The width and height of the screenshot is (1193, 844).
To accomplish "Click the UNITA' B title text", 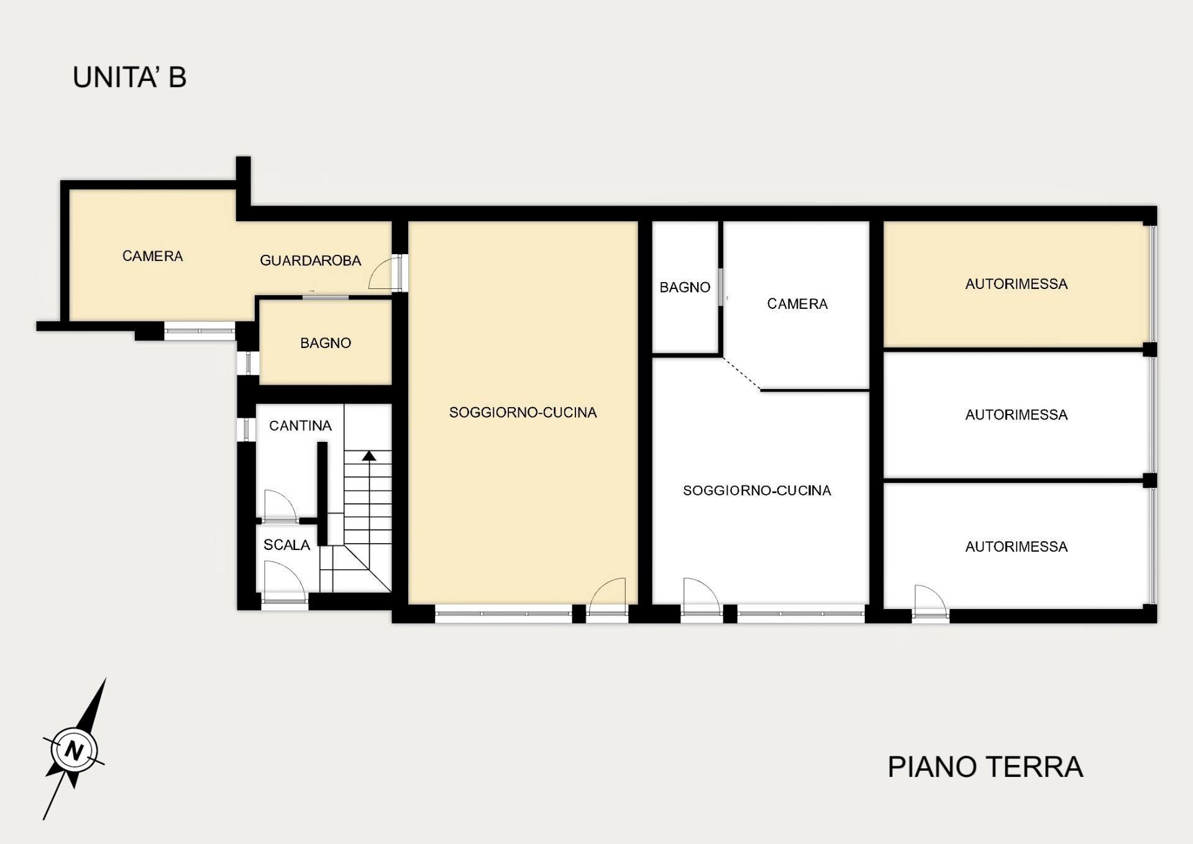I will click(x=129, y=78).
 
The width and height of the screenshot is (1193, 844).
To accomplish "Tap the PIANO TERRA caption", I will click(x=985, y=767).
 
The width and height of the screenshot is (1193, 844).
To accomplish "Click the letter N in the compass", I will click(x=74, y=750).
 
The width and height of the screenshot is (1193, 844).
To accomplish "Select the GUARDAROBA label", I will click(x=310, y=260).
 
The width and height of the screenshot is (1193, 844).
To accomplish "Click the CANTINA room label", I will click(x=300, y=426).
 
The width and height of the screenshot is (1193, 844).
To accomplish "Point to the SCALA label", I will click(x=286, y=545).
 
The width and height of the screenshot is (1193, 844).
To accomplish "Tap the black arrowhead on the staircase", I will click(x=369, y=456).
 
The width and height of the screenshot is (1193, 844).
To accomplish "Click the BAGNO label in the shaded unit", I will click(x=326, y=343).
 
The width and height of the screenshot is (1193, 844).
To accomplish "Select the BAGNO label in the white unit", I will click(x=685, y=287).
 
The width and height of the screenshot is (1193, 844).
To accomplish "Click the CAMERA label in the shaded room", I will click(x=152, y=256).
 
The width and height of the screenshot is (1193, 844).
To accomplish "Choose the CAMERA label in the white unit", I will click(x=797, y=304).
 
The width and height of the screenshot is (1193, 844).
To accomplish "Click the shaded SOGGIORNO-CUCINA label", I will click(x=523, y=413).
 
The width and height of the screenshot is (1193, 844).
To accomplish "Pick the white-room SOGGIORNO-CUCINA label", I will click(x=757, y=490).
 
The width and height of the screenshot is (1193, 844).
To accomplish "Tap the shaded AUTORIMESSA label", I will click(x=1016, y=284).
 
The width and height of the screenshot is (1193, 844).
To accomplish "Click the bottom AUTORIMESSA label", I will click(x=1016, y=546).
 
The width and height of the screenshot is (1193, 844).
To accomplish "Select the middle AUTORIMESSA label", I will click(x=1016, y=415).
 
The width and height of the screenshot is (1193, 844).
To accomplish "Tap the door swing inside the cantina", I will click(x=279, y=505).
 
